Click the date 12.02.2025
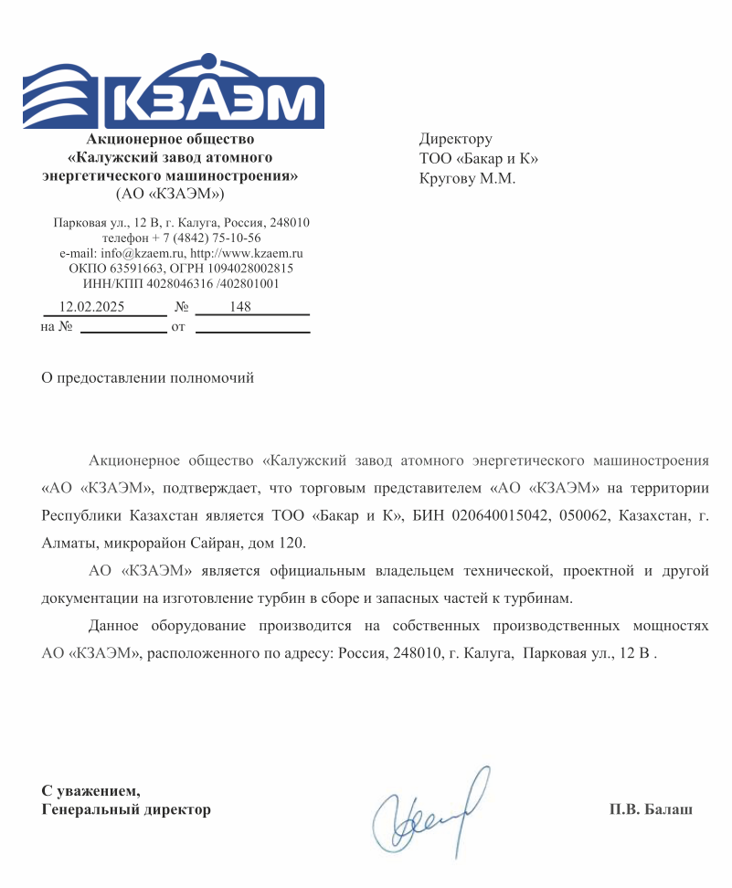click(x=91, y=307)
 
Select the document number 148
click(x=240, y=307)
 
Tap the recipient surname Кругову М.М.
click(x=467, y=178)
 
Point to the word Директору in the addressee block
click(x=456, y=139)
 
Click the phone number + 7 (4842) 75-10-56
click(x=203, y=238)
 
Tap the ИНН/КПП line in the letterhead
click(x=181, y=284)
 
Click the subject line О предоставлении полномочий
click(x=148, y=377)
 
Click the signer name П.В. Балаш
click(x=651, y=809)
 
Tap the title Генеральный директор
click(x=126, y=809)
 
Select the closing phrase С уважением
click(x=91, y=790)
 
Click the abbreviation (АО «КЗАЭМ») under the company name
click(x=171, y=194)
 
